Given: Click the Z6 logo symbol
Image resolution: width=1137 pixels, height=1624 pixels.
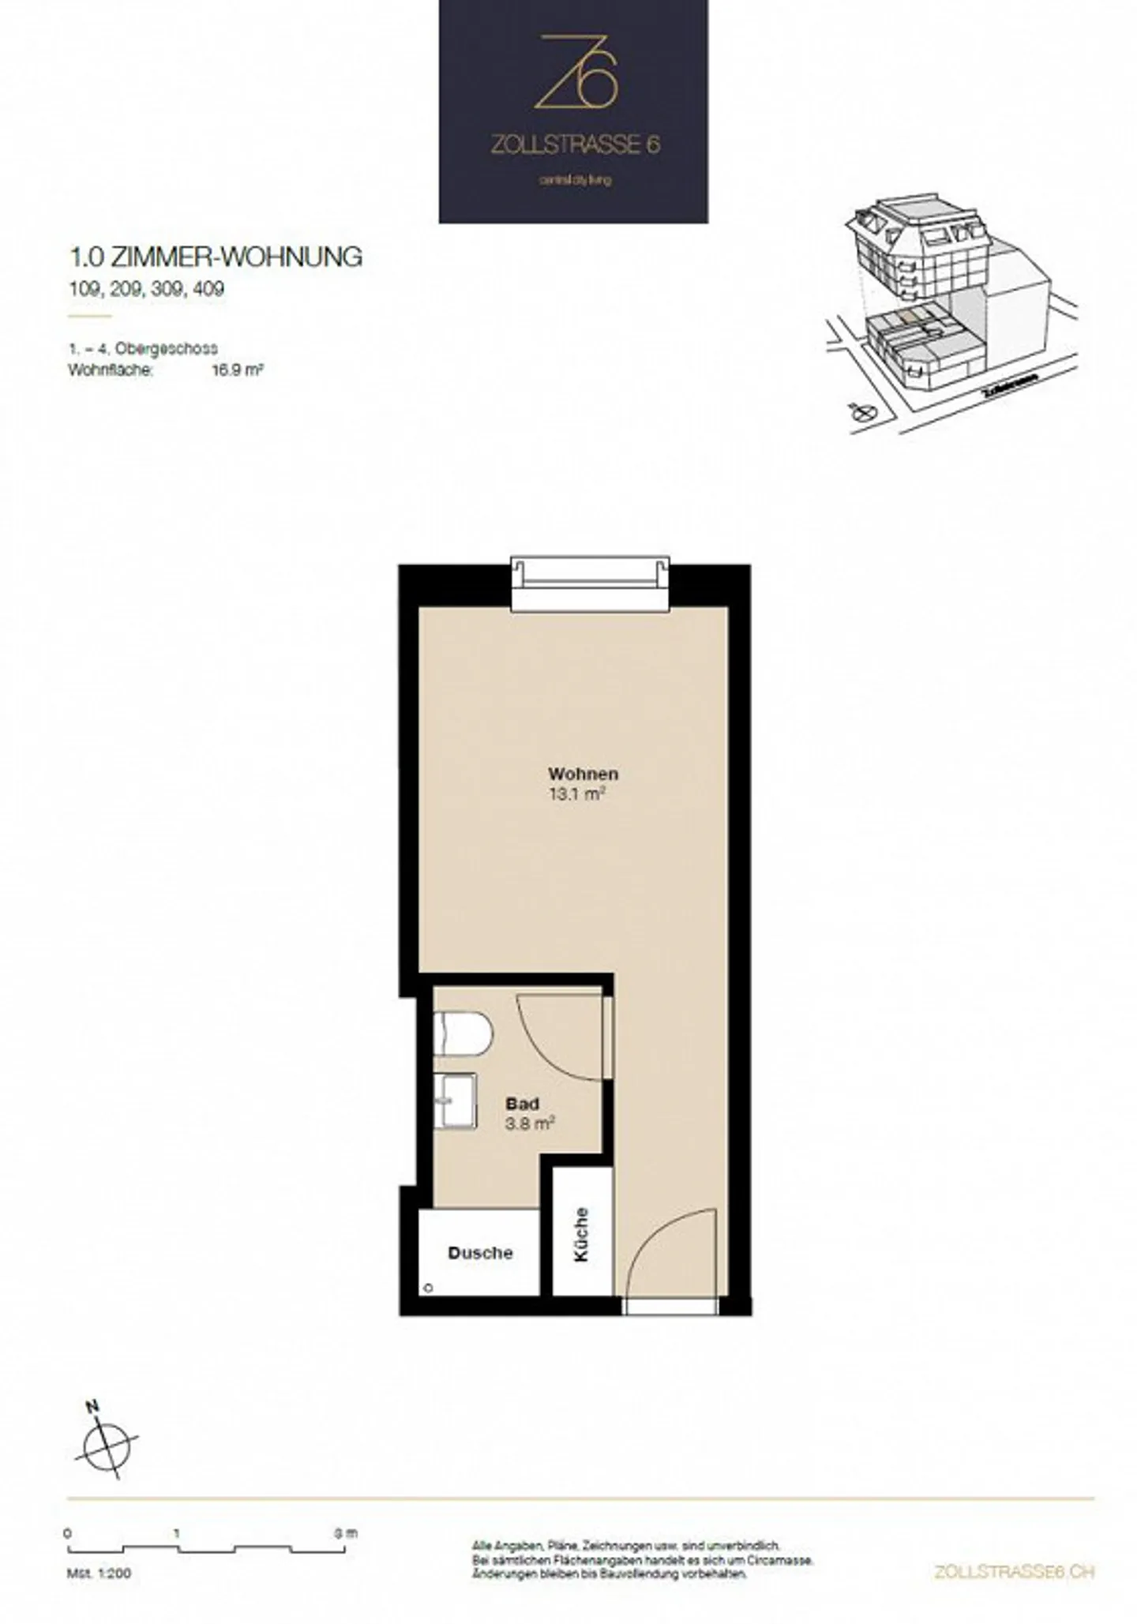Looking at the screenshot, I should [575, 72].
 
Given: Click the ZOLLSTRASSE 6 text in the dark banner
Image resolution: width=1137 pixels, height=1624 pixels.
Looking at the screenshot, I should [575, 144].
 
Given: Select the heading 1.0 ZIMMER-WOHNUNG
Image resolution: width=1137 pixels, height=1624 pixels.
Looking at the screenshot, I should [216, 257].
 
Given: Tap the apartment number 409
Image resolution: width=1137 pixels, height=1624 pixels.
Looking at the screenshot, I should [208, 289].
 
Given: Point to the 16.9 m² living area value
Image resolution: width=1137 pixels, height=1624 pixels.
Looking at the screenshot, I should [237, 369].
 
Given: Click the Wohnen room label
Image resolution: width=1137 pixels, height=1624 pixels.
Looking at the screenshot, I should [584, 774].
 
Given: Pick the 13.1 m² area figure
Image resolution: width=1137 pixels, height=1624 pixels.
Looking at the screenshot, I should [576, 794].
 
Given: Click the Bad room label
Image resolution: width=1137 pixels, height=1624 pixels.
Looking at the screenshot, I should [522, 1104].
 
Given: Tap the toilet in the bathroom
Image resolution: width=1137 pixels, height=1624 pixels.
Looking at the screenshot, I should [463, 1033].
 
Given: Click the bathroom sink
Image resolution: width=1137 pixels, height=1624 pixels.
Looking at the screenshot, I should [456, 1099].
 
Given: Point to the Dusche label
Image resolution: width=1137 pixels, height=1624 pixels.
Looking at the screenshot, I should [480, 1253].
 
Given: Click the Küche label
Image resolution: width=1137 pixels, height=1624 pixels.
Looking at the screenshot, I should [582, 1234].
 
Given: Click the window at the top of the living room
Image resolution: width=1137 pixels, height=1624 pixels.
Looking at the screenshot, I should [590, 584].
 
